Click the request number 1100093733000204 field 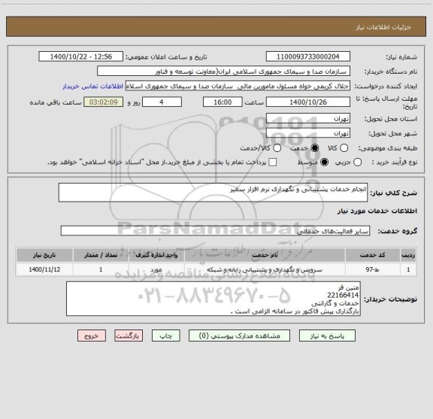pos(309,56)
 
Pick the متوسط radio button pos(325,162)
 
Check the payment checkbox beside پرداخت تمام pos(273,162)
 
